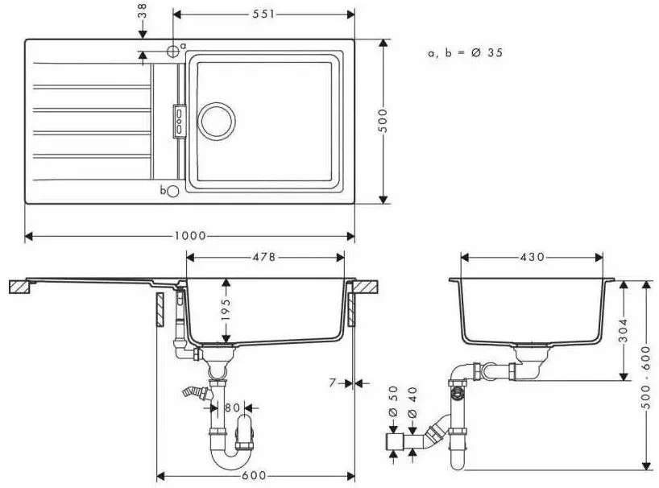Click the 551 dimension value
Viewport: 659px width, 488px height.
(x=263, y=14)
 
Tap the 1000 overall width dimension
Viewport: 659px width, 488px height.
(x=190, y=236)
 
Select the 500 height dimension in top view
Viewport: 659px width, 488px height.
(x=383, y=121)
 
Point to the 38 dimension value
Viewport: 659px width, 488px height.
(x=143, y=11)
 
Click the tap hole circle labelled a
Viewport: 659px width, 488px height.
(x=172, y=51)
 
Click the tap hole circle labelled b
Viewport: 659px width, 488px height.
(x=172, y=192)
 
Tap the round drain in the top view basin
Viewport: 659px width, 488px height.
(x=216, y=122)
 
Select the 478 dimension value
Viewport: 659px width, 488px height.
(x=264, y=257)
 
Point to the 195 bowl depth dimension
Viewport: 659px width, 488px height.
(x=226, y=309)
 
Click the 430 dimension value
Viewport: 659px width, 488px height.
(x=533, y=257)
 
